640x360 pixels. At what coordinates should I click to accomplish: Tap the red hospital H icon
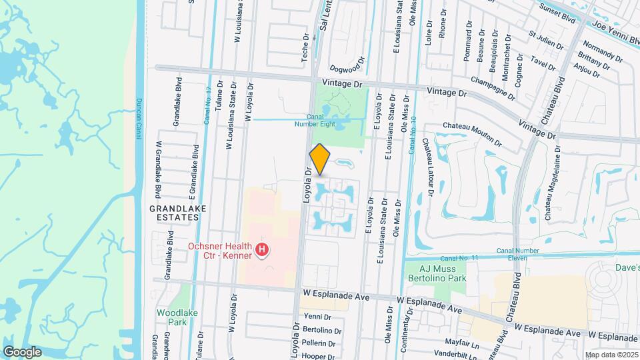click(x=263, y=251)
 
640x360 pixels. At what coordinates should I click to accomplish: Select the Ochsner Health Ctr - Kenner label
click(x=220, y=250)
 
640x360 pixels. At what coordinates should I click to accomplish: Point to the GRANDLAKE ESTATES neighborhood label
click(x=177, y=213)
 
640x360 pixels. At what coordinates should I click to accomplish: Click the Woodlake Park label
click(x=172, y=317)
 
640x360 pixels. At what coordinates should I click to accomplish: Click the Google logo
click(x=21, y=351)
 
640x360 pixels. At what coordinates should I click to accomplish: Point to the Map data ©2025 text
click(x=611, y=354)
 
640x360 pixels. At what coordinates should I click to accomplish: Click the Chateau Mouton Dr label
click(x=472, y=133)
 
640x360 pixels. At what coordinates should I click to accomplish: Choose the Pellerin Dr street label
click(x=319, y=343)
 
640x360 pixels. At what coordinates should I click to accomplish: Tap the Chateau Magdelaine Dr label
click(x=549, y=193)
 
